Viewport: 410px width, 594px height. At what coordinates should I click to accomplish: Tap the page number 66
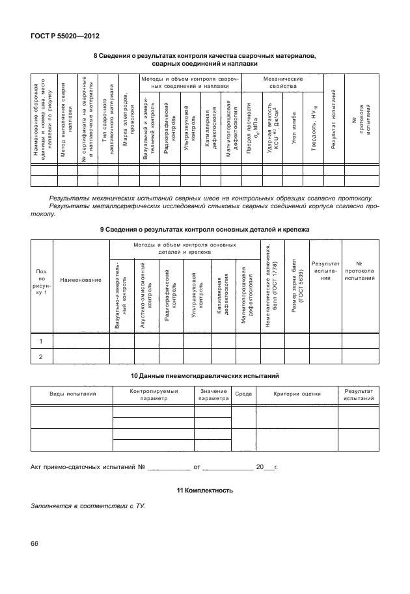click(35, 543)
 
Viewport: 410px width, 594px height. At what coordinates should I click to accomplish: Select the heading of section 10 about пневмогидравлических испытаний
click(205, 376)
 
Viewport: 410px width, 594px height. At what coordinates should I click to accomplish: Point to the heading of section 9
click(205, 230)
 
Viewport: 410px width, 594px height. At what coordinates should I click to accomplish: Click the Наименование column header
click(81, 280)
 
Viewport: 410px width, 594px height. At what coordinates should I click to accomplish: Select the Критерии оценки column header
click(297, 394)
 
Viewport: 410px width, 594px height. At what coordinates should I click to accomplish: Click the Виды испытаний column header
click(73, 394)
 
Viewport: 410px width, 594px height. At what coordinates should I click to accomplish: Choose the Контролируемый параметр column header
click(153, 394)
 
